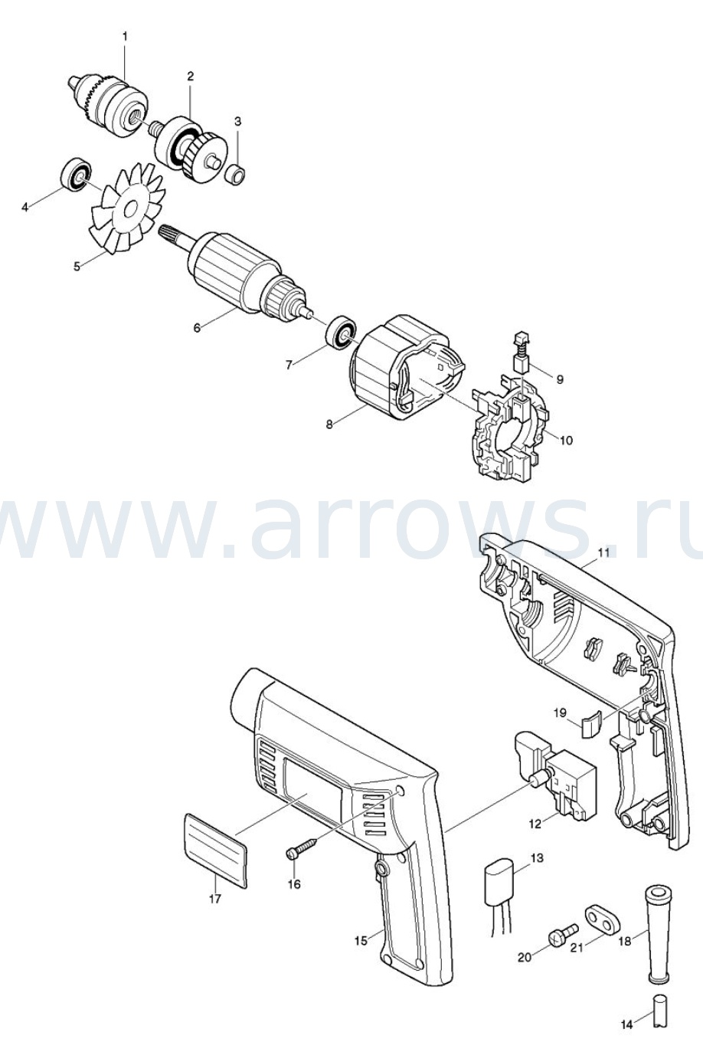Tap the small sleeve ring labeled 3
point(236,175)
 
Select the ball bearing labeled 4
point(75,175)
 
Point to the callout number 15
point(361,940)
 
